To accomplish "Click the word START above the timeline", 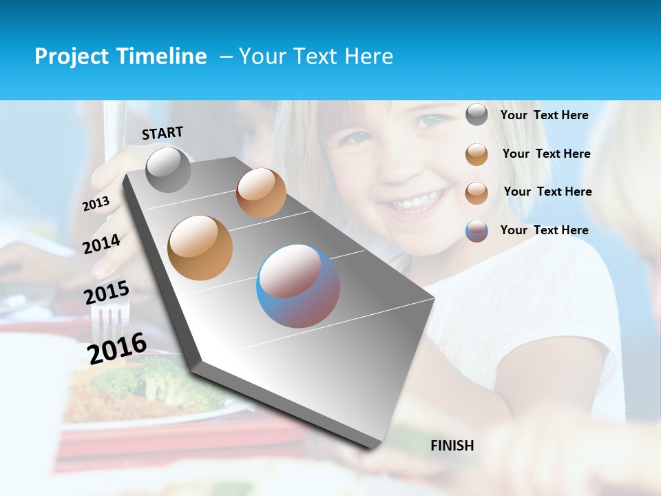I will click(x=162, y=133).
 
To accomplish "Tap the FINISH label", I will click(x=452, y=446).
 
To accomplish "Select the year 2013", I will click(x=96, y=203).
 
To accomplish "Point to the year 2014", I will click(x=101, y=244).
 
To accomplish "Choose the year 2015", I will click(x=107, y=293).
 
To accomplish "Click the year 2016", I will click(x=117, y=348).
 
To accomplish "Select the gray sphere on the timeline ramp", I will click(x=169, y=169).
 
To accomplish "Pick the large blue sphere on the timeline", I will click(x=298, y=286).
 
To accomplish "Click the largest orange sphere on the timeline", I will click(x=200, y=248).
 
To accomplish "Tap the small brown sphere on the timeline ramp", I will click(x=261, y=193).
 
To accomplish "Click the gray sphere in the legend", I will click(x=476, y=115).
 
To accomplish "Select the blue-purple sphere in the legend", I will click(x=476, y=231).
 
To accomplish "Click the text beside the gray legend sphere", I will click(x=544, y=116).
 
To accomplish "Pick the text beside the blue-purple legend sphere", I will click(x=544, y=230).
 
